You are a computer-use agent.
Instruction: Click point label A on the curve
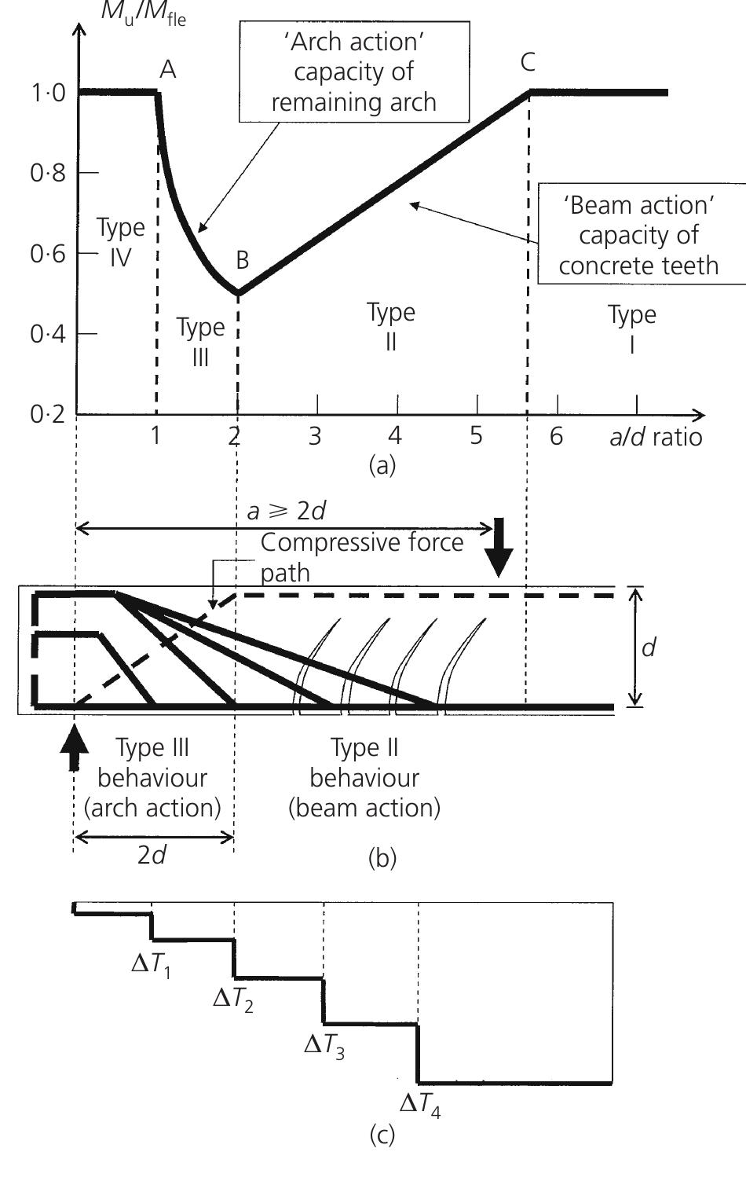coord(167,70)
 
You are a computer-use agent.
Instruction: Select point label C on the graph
coord(528,63)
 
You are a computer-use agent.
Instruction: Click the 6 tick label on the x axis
coord(556,436)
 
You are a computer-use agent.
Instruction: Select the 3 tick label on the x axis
coord(315,436)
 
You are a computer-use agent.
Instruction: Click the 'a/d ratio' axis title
coord(656,436)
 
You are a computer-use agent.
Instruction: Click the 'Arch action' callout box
coord(353,72)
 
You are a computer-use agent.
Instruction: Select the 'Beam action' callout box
coord(638,235)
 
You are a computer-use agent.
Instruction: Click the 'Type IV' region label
coord(120,242)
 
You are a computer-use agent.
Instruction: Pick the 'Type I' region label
coord(631,328)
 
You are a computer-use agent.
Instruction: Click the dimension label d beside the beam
coord(649,648)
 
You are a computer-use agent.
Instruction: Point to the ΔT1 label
coord(151,963)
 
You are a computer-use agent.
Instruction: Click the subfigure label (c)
coord(382,1135)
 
